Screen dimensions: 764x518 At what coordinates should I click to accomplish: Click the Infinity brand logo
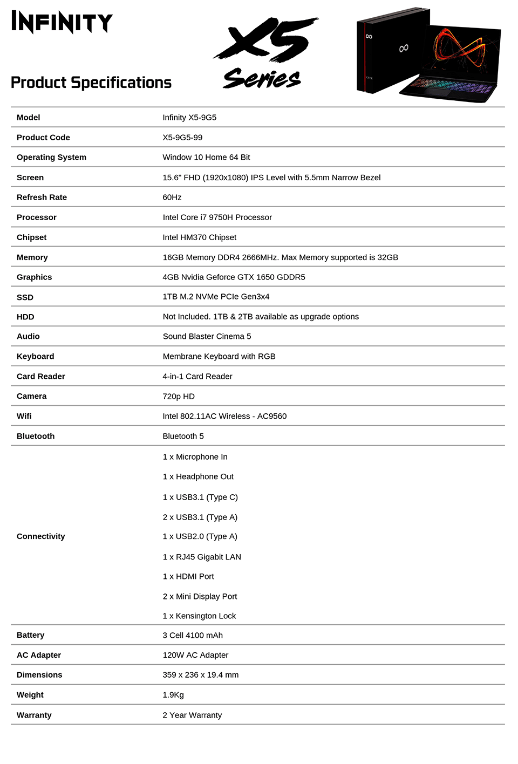(62, 22)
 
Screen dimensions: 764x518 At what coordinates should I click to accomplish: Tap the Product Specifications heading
(91, 83)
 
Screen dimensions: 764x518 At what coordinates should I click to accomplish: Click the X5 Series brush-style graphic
(265, 53)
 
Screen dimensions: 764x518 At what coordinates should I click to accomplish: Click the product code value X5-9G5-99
(182, 138)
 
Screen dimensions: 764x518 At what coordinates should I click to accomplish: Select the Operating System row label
(51, 158)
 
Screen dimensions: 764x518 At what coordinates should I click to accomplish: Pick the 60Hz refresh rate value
(172, 197)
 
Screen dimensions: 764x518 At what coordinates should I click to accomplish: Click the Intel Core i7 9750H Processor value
(217, 217)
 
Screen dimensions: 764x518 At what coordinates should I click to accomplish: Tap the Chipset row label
(31, 237)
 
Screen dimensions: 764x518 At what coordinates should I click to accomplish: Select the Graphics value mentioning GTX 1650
(234, 277)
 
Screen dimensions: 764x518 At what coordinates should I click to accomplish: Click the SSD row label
(25, 297)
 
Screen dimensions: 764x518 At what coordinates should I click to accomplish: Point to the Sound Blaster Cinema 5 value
(207, 337)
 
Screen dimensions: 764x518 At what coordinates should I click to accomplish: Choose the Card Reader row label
(40, 377)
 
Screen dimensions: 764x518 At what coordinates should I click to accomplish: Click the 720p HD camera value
(179, 397)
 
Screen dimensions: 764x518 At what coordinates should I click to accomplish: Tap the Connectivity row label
(40, 536)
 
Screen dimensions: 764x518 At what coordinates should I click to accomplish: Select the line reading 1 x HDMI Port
(188, 577)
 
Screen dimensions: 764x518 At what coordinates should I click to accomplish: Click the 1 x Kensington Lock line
(199, 616)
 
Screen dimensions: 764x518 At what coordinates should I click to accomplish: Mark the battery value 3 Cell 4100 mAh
(193, 636)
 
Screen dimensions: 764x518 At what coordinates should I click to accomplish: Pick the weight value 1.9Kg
(173, 695)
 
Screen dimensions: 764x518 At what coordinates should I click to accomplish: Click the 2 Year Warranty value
(192, 715)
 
